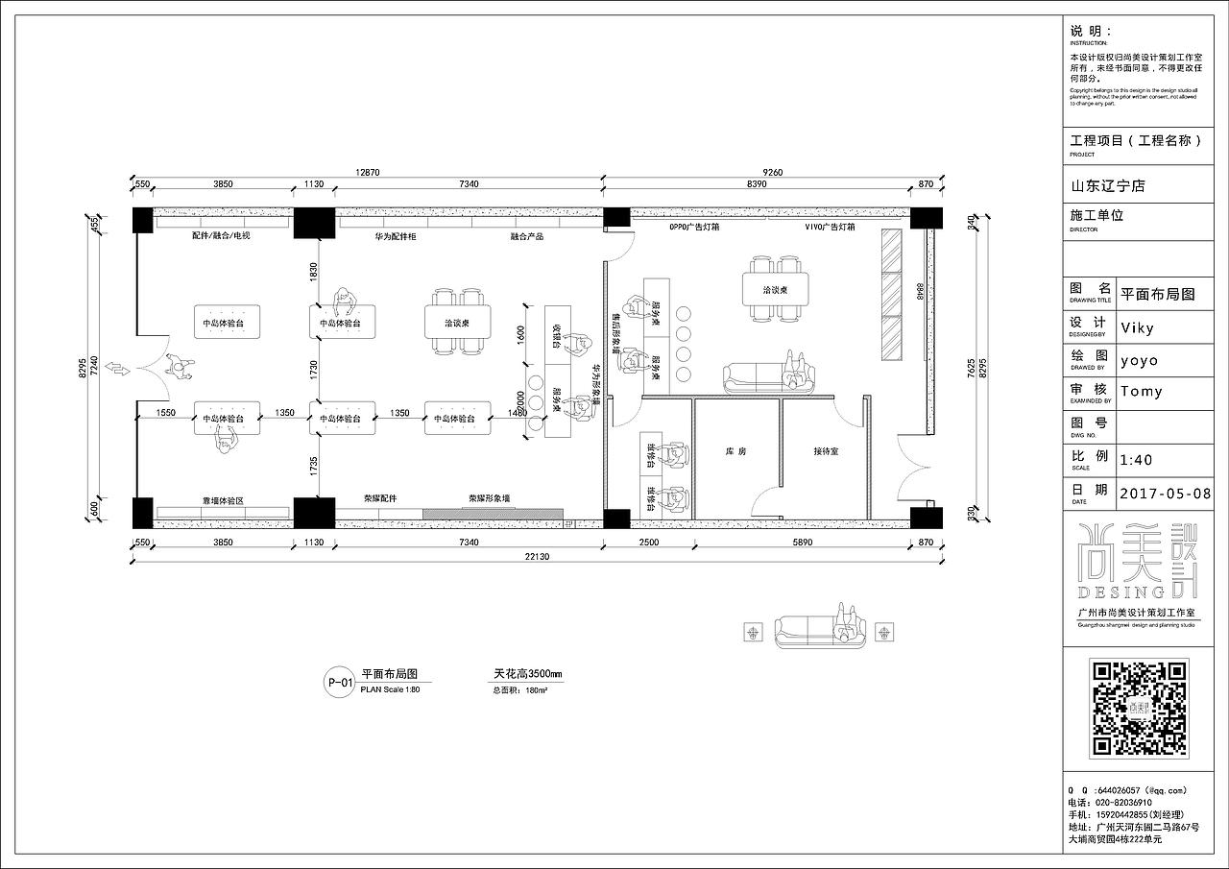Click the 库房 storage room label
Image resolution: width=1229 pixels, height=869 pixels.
point(736,450)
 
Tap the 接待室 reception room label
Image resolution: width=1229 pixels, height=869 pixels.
point(826,450)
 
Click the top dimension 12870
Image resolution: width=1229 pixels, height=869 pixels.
point(368,172)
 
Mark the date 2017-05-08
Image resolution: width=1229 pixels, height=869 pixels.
point(1166,493)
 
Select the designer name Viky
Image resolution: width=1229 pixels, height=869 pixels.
point(1138,327)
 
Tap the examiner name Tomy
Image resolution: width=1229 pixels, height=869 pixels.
point(1142,391)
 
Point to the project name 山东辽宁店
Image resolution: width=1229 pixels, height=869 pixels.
point(1108,185)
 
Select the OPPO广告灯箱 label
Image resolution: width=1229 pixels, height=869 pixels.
point(695,228)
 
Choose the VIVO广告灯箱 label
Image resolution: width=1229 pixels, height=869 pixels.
point(830,228)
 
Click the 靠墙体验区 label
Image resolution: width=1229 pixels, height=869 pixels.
point(223,501)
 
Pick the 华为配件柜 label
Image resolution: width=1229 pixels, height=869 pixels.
point(396,235)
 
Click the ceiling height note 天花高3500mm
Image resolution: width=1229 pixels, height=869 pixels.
point(527,675)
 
